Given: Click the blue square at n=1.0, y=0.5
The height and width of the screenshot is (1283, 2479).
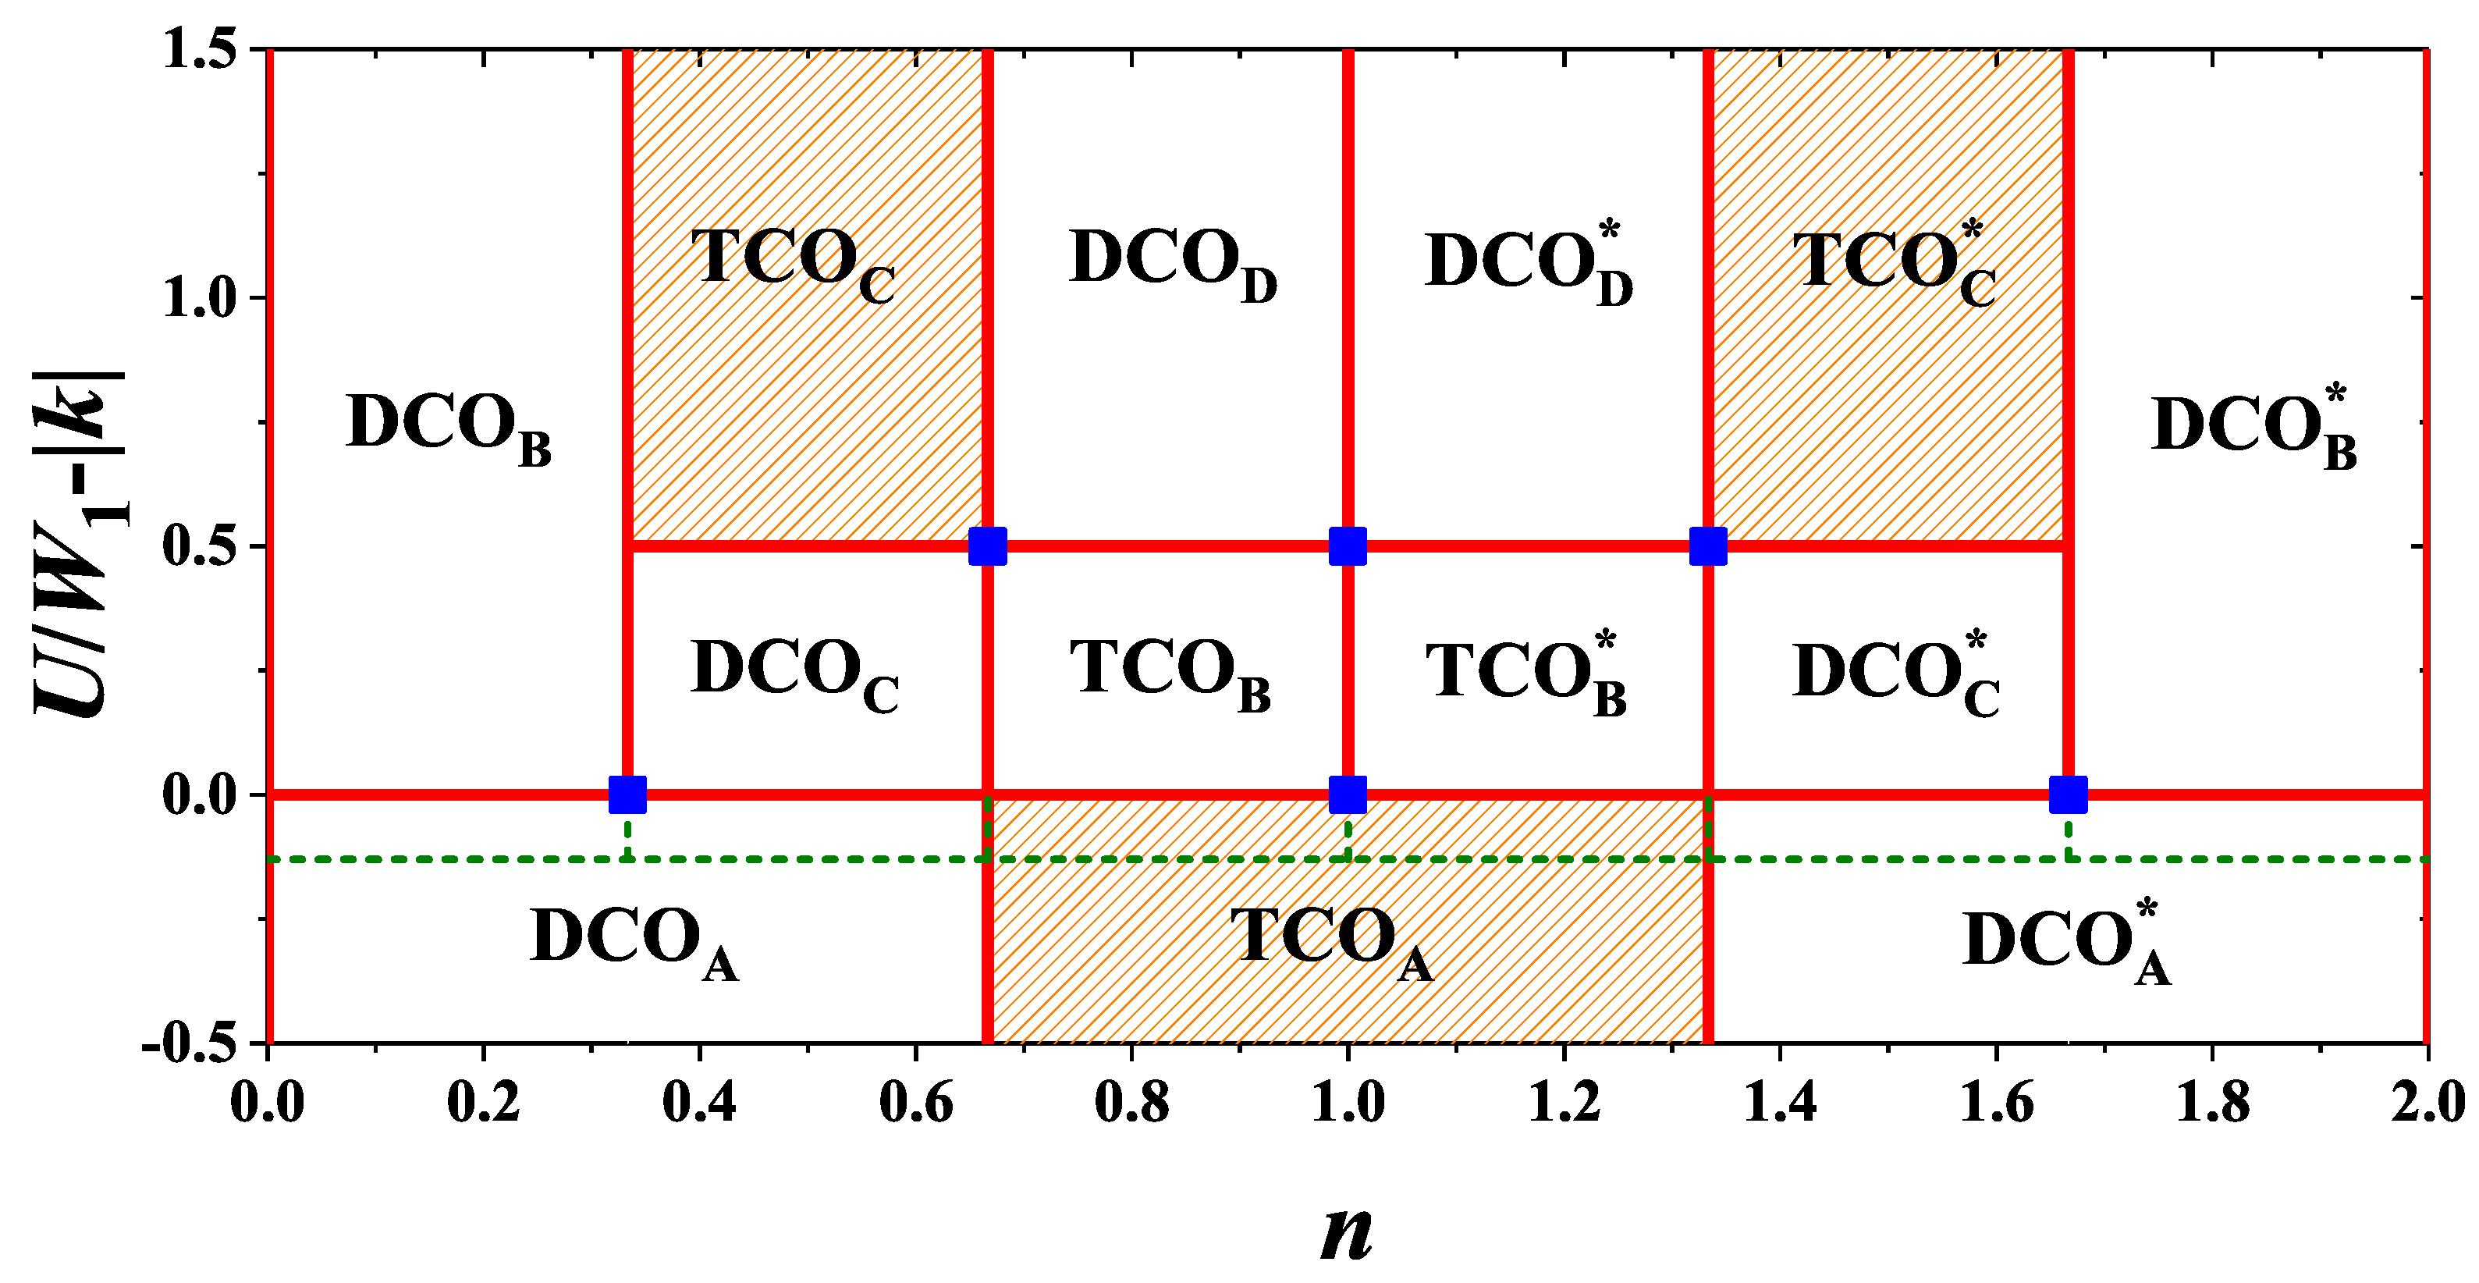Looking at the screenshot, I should tap(1348, 546).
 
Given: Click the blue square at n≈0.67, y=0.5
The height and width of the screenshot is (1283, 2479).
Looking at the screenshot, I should tap(987, 546).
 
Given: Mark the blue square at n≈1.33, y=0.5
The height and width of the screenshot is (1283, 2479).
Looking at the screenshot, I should tap(1708, 546).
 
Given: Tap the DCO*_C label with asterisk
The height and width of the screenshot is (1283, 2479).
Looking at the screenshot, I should tap(1895, 673).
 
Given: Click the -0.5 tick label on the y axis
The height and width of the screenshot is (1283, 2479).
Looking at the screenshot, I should tap(190, 1043).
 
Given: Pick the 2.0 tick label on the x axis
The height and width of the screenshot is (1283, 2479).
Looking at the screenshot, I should tap(2427, 1102).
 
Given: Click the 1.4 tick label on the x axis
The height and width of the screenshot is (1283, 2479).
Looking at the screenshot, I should tap(1781, 1102).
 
